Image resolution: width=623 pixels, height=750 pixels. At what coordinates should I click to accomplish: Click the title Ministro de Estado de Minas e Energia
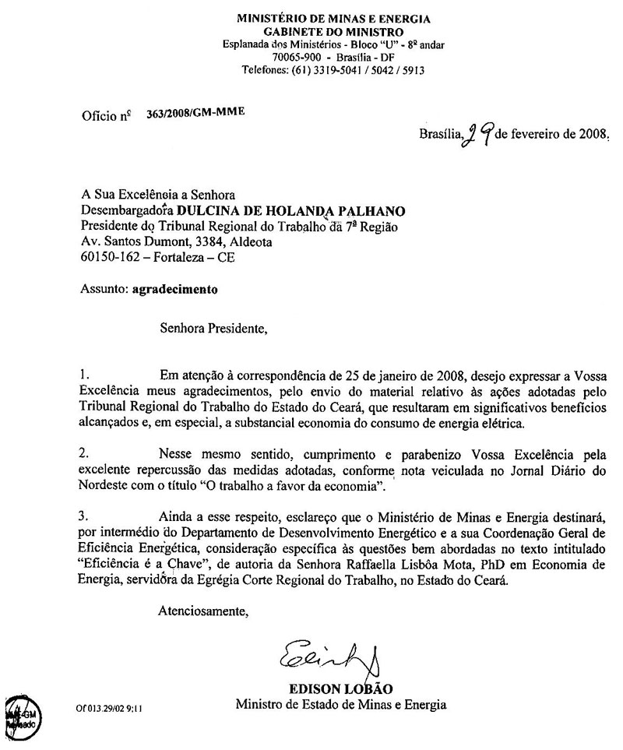[342, 705]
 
